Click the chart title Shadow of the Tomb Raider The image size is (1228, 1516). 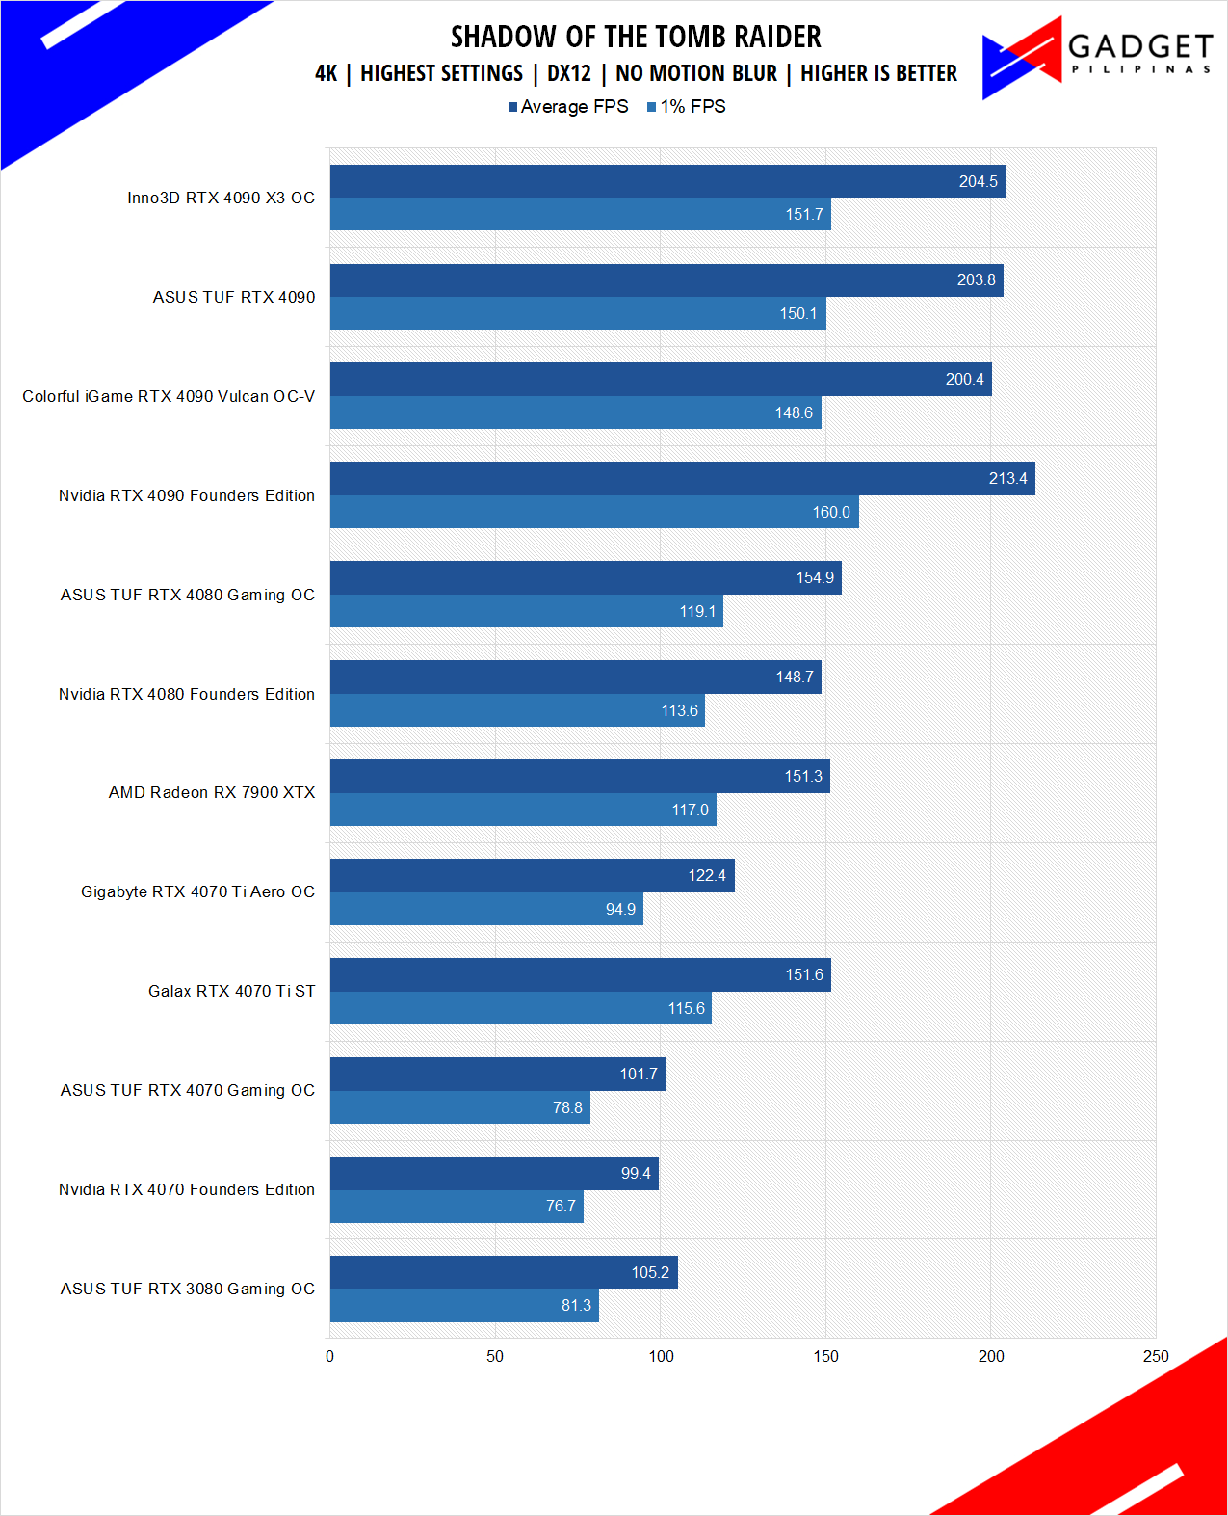pos(636,37)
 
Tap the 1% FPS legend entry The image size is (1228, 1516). pos(687,107)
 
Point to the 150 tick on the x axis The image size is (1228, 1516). pos(825,1356)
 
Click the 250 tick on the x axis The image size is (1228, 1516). pos(1156,1356)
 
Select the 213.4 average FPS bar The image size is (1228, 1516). pos(682,479)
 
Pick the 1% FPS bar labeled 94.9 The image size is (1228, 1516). pos(486,909)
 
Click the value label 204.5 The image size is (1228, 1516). pos(978,181)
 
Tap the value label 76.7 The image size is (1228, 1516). pos(561,1207)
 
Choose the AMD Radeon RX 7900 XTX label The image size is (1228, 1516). pos(212,792)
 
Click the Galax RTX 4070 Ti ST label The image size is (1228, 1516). pos(231,991)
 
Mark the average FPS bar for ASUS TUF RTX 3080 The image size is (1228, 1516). pos(504,1272)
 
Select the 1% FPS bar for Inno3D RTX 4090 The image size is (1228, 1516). pos(580,214)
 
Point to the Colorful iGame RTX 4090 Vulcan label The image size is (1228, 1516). pos(169,396)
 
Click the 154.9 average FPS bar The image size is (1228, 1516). pos(586,578)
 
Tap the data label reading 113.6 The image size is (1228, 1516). pos(679,710)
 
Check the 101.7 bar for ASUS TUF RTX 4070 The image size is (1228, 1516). pos(498,1074)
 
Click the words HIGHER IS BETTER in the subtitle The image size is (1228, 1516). pos(878,73)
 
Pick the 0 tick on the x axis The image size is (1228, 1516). pos(330,1356)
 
